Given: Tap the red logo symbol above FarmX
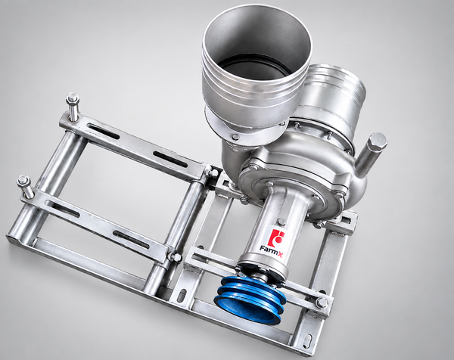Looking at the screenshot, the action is pyautogui.click(x=275, y=237).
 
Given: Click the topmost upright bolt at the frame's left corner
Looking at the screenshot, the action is pyautogui.click(x=73, y=107).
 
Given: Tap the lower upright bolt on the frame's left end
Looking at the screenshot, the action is pyautogui.click(x=26, y=187).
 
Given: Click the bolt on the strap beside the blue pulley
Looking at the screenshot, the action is pyautogui.click(x=322, y=303).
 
